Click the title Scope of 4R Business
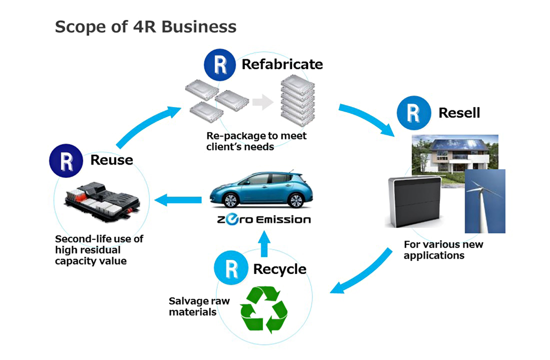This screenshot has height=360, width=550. click(x=145, y=26)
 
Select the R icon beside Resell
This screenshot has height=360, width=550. click(x=412, y=113)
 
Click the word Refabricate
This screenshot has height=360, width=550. click(x=282, y=64)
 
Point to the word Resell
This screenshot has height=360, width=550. click(x=459, y=113)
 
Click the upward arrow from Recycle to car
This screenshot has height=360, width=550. click(x=264, y=241)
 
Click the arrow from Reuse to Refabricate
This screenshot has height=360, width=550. click(x=142, y=125)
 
